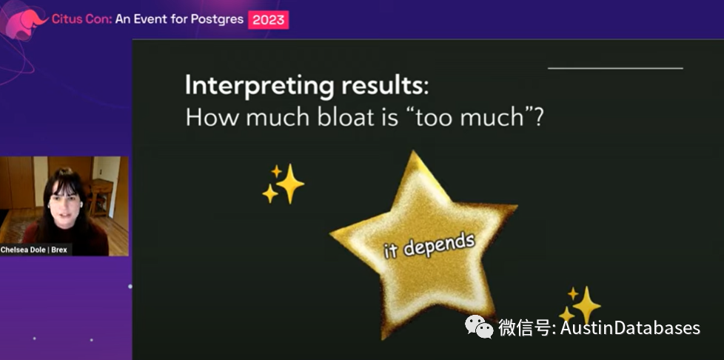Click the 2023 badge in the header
pyautogui.click(x=268, y=20)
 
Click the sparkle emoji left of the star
pyautogui.click(x=283, y=184)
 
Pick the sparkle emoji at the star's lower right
pyautogui.click(x=580, y=304)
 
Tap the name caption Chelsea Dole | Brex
pyautogui.click(x=35, y=250)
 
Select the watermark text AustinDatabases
pyautogui.click(x=629, y=327)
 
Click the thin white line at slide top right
pyautogui.click(x=615, y=68)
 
